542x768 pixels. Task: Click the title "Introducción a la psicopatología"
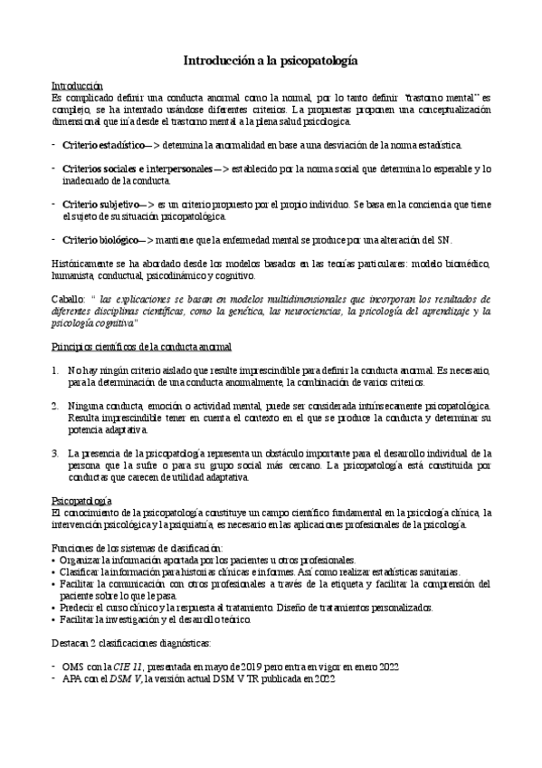click(x=271, y=61)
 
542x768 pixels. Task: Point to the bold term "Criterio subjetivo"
click(x=102, y=205)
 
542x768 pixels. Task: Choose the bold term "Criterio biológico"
click(x=102, y=240)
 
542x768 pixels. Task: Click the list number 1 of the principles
click(x=55, y=370)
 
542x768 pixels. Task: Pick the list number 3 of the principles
click(x=55, y=453)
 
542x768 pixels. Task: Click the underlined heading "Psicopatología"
click(x=81, y=501)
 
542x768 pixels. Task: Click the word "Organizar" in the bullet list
click(x=81, y=561)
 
